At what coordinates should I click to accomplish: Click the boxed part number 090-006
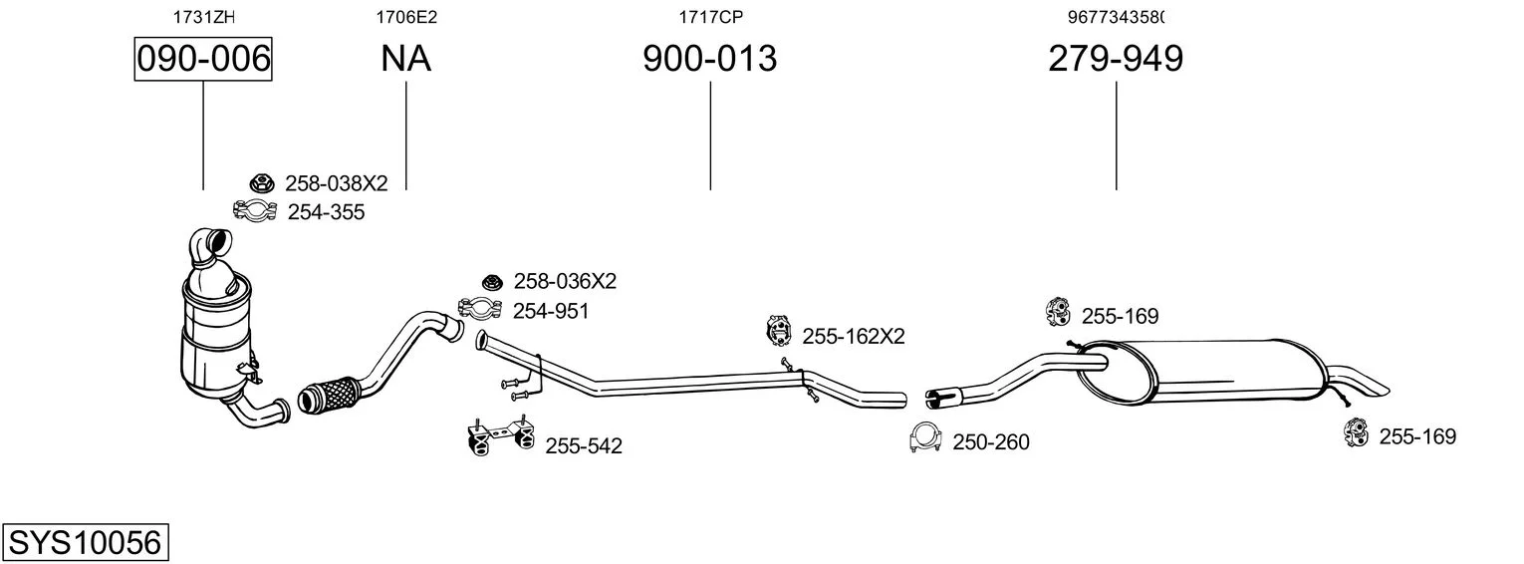(x=203, y=59)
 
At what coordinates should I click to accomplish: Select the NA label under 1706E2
(x=405, y=59)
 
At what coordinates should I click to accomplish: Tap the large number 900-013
(x=709, y=59)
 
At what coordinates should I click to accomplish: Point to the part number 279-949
(x=1116, y=59)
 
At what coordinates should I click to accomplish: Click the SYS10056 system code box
(x=86, y=542)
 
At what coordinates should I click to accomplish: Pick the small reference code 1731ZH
(x=204, y=17)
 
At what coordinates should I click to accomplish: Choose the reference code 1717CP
(x=710, y=17)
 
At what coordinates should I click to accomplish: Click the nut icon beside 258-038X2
(x=262, y=183)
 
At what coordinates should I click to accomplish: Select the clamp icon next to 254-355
(x=255, y=211)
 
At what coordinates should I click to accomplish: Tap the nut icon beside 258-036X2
(x=492, y=281)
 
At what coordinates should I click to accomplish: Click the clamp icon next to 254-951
(x=480, y=309)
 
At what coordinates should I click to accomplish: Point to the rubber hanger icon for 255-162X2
(x=778, y=331)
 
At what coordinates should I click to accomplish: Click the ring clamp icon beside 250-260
(x=925, y=438)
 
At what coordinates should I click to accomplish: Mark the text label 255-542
(x=584, y=445)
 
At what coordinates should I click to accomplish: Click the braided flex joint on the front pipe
(x=331, y=394)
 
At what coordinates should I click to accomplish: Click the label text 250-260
(x=990, y=442)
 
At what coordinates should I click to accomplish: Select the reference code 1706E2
(x=406, y=17)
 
